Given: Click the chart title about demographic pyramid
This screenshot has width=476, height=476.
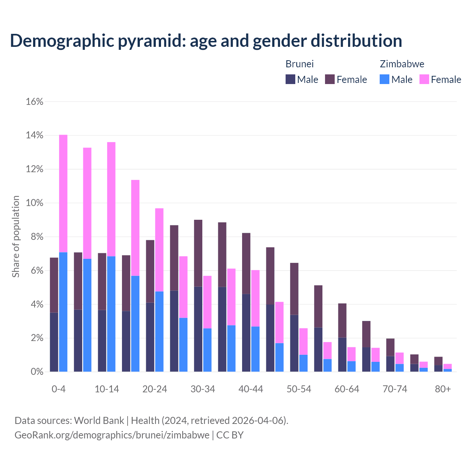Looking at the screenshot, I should pyautogui.click(x=206, y=41).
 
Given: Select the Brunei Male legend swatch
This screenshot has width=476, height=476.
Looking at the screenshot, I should pyautogui.click(x=290, y=79).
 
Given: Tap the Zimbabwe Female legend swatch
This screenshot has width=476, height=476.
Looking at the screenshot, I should pyautogui.click(x=424, y=79).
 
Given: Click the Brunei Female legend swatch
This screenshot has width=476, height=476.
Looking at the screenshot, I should pyautogui.click(x=330, y=79).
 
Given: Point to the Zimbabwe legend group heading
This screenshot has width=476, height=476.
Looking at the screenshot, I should pyautogui.click(x=402, y=64).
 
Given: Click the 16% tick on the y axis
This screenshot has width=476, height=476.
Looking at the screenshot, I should pyautogui.click(x=35, y=102).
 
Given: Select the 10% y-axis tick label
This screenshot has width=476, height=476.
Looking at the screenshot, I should pyautogui.click(x=35, y=203).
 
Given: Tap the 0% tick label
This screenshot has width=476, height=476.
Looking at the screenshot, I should pyautogui.click(x=36, y=372).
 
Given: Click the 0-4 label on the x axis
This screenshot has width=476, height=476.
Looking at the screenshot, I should pyautogui.click(x=58, y=389).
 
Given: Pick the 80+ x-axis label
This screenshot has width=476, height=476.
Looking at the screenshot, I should pyautogui.click(x=443, y=389).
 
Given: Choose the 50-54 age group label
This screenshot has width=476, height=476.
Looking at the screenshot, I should pyautogui.click(x=299, y=389).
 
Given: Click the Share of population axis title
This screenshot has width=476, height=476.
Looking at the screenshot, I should pyautogui.click(x=16, y=237).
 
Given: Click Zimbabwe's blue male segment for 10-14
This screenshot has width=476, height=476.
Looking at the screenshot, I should pyautogui.click(x=111, y=314).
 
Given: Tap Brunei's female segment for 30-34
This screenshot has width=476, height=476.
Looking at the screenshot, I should pyautogui.click(x=198, y=253).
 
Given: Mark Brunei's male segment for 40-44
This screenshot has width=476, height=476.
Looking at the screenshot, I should pyautogui.click(x=246, y=333).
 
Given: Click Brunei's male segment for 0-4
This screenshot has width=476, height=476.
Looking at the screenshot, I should pyautogui.click(x=54, y=342).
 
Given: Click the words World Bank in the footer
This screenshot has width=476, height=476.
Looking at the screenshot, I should pyautogui.click(x=99, y=421).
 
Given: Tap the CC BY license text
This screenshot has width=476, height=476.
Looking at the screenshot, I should pyautogui.click(x=230, y=435).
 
